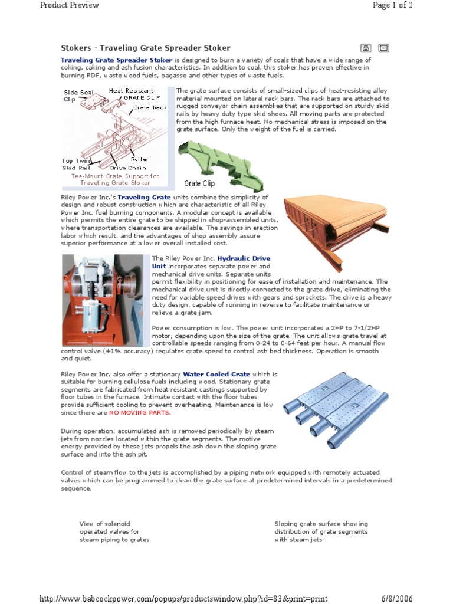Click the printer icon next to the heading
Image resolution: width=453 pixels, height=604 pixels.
click(366, 48)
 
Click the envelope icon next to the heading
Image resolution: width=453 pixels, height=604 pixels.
click(383, 48)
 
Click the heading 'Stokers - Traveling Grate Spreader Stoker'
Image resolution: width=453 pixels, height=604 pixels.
click(146, 48)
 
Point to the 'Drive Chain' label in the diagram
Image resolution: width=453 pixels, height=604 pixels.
click(128, 168)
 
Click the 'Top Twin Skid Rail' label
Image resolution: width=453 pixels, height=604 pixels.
click(77, 164)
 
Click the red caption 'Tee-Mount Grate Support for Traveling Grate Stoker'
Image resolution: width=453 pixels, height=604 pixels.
click(115, 179)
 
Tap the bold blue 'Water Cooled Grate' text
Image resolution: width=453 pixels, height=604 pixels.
click(216, 374)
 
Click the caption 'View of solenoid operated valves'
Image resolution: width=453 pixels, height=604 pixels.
click(115, 531)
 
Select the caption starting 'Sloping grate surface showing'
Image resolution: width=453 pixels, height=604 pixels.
click(321, 531)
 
